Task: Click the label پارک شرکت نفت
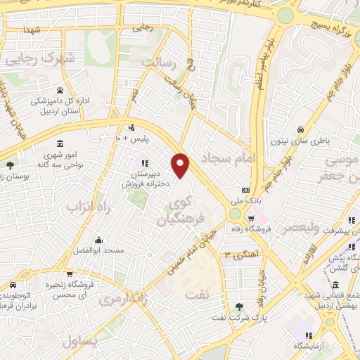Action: click(x=240, y=320)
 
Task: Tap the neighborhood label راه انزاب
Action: click(x=90, y=207)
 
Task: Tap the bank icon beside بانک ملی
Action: click(x=245, y=190)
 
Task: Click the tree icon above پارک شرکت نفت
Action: click(x=240, y=307)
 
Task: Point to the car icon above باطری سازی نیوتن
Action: click(x=300, y=129)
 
